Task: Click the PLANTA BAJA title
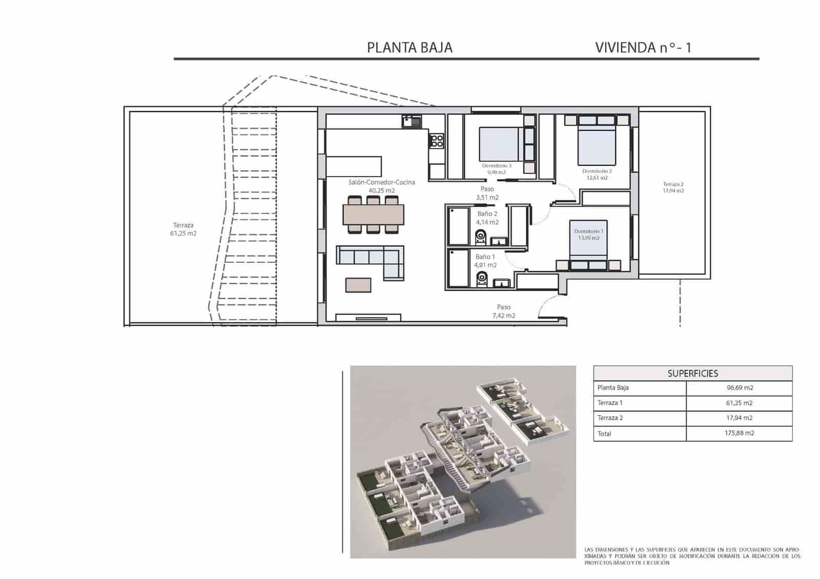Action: pos(409,48)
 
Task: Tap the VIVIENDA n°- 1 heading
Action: pos(643,48)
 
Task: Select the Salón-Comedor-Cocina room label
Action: pos(381,182)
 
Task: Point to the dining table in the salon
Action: pos(373,215)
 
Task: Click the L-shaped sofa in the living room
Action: pos(371,259)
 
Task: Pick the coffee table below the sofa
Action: pos(358,285)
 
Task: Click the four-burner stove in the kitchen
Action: pos(436,140)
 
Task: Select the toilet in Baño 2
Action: pos(480,236)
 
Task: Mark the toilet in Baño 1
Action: pos(481,279)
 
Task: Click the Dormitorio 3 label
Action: pos(496,166)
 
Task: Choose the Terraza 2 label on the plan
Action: pos(673,184)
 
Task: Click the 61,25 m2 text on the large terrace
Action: pos(183,233)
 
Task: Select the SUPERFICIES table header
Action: pos(692,374)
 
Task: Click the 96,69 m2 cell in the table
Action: pos(739,388)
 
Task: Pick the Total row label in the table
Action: pos(604,433)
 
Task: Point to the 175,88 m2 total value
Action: pos(739,433)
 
